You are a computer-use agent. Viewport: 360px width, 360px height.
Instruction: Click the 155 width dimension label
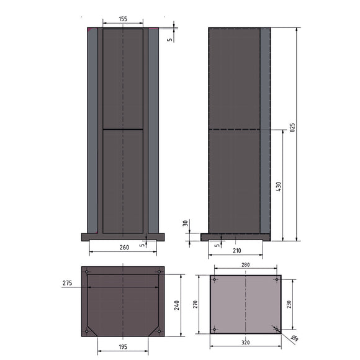click(123, 19)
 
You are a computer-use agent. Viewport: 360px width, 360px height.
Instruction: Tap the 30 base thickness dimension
click(186, 223)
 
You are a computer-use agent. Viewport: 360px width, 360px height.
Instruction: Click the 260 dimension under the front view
click(124, 247)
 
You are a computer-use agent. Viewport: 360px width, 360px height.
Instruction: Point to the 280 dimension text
click(245, 266)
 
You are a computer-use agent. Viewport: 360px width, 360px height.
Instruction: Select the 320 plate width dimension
click(246, 342)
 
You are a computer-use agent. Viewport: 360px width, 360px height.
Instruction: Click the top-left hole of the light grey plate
click(215, 279)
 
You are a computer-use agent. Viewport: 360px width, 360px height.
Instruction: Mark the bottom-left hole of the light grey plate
click(215, 329)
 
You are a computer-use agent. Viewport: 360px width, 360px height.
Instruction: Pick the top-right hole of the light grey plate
click(276, 279)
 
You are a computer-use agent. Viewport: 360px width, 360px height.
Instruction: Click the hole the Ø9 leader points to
click(276, 329)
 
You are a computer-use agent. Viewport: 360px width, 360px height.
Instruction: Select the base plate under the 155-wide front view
click(123, 236)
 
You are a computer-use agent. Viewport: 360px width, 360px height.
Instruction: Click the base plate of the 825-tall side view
click(236, 236)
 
